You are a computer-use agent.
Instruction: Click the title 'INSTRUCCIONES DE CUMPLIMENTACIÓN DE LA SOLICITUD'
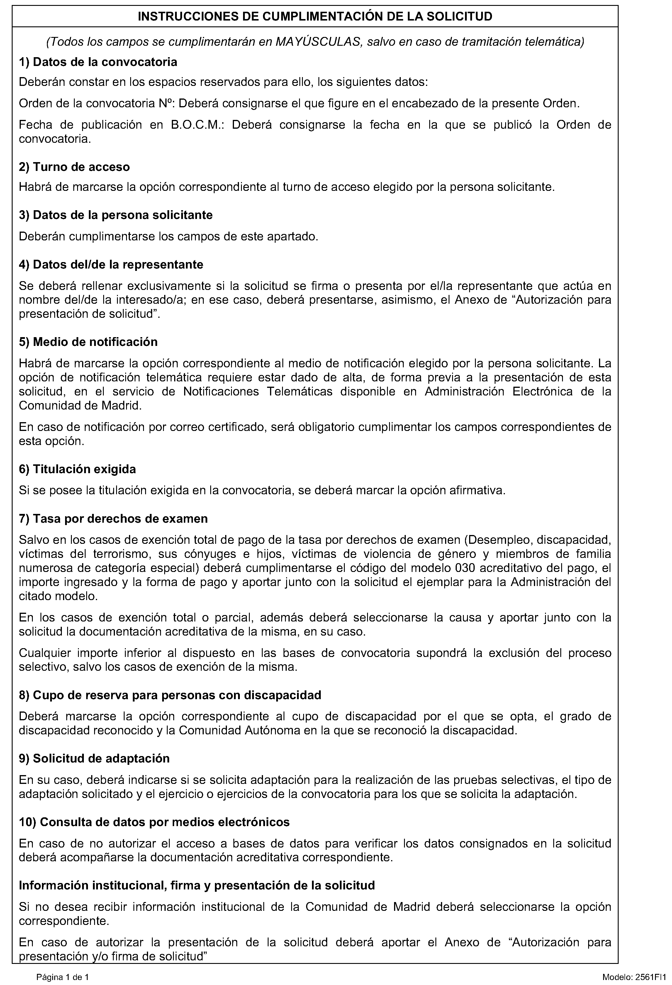click(x=315, y=16)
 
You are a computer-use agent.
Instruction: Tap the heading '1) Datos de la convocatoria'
click(x=98, y=62)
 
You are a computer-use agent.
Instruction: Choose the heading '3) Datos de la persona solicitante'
click(x=116, y=215)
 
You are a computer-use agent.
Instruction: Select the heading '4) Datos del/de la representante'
click(x=111, y=264)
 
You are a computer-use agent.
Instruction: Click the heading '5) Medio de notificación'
click(x=88, y=342)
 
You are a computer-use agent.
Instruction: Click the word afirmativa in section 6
click(x=479, y=490)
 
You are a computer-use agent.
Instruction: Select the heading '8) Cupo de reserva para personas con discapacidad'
click(x=170, y=695)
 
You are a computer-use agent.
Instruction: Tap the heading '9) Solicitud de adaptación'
click(x=94, y=758)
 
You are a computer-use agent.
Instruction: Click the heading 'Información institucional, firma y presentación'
click(x=197, y=885)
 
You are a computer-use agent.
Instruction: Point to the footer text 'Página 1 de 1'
click(x=63, y=977)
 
